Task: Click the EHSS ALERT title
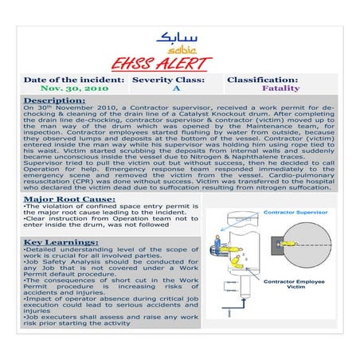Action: (180, 64)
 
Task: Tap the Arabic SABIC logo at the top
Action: (180, 40)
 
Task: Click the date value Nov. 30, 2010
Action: (69, 90)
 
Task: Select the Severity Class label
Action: (169, 80)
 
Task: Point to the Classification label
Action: (263, 80)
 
